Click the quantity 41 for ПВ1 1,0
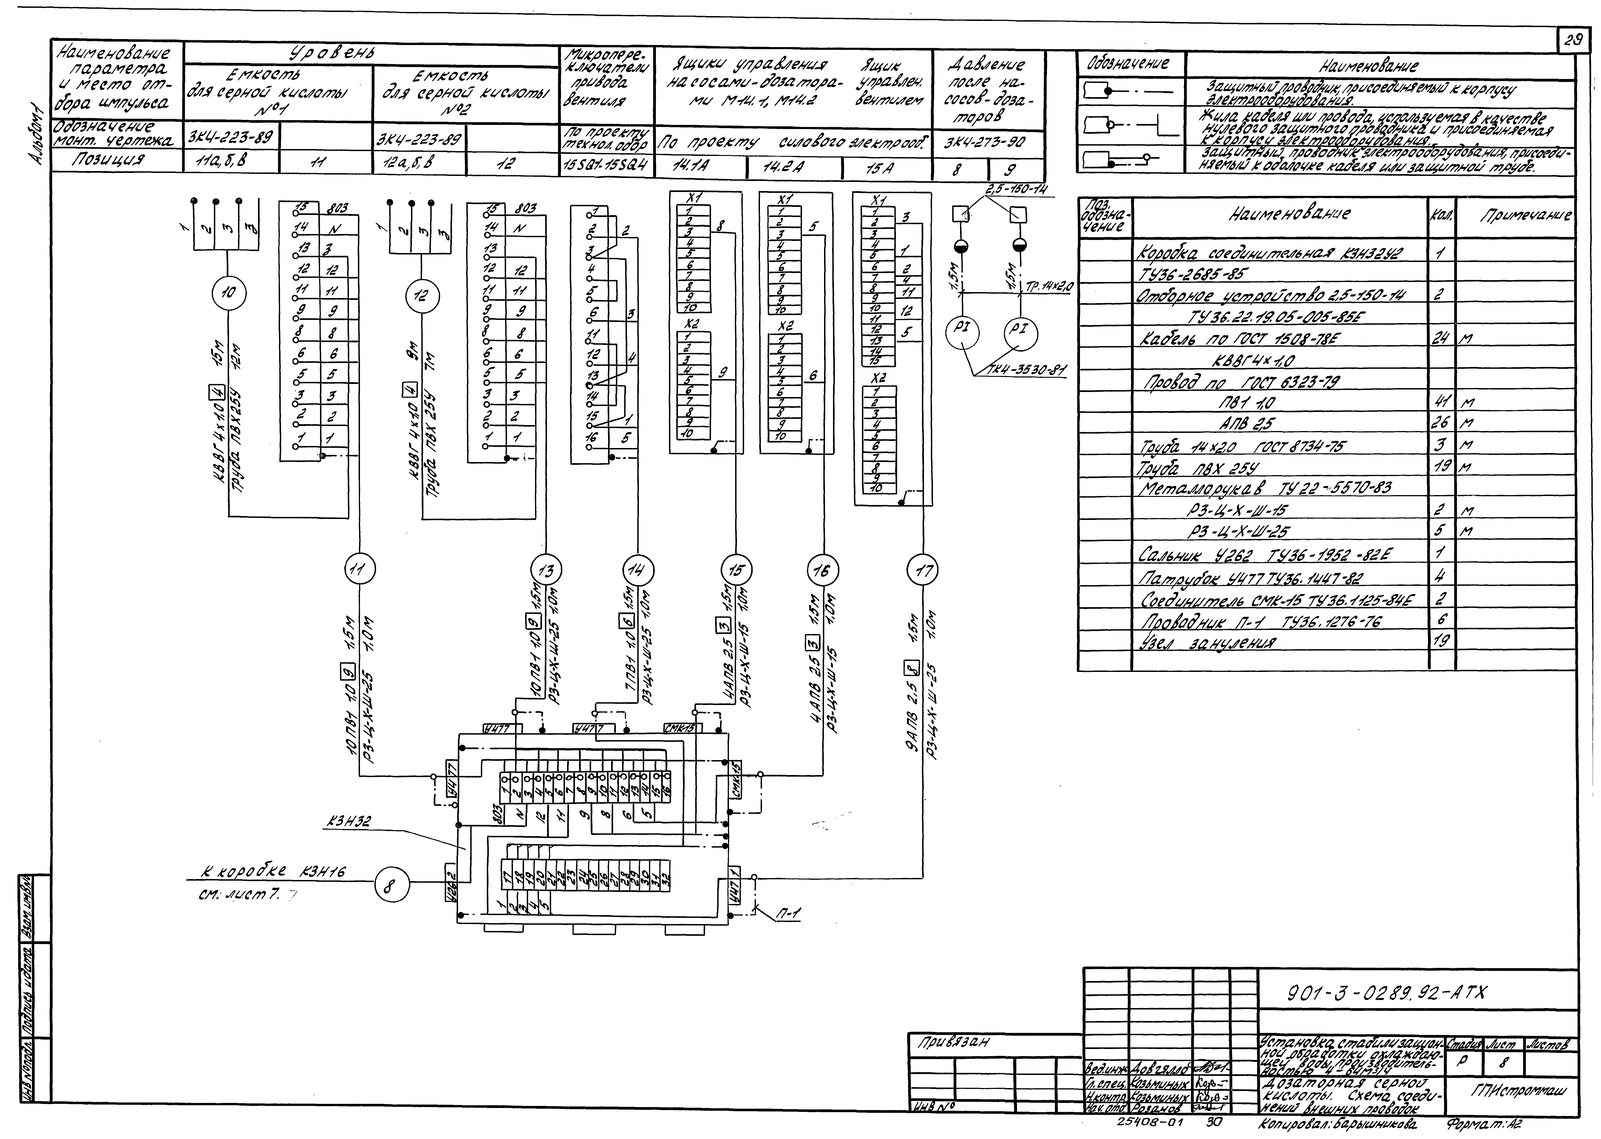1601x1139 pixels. [1441, 402]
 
